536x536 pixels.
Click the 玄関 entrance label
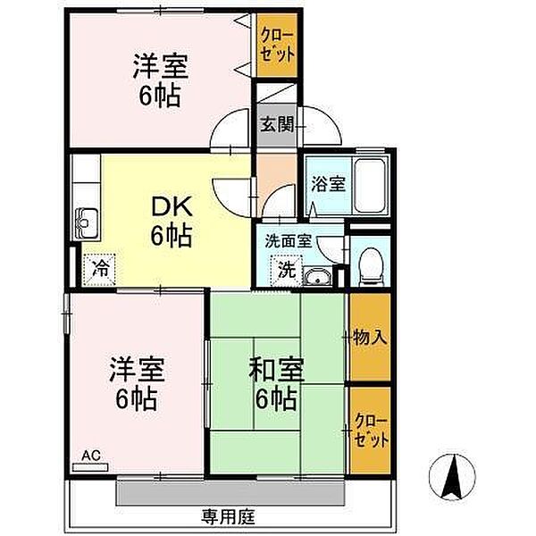pos(277,124)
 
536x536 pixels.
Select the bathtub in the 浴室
pos(371,187)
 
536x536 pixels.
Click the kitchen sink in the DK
pos(86,223)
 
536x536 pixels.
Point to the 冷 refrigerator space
pos(99,270)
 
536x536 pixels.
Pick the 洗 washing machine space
pos(287,271)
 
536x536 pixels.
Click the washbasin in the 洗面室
pos(317,277)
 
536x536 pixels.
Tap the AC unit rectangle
pos(90,467)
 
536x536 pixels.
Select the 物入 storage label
pos(370,338)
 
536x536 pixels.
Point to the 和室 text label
pos(276,370)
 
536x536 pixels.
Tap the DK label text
pos(172,207)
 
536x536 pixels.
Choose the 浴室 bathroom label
pos(328,184)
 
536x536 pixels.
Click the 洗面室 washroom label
pos(289,241)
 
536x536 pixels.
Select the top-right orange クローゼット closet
pos(277,46)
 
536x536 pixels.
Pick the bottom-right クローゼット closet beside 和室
pos(371,431)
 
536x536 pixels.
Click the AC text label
pos(91,456)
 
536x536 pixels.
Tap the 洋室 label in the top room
pos(160,66)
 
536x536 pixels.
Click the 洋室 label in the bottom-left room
pos(137,369)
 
